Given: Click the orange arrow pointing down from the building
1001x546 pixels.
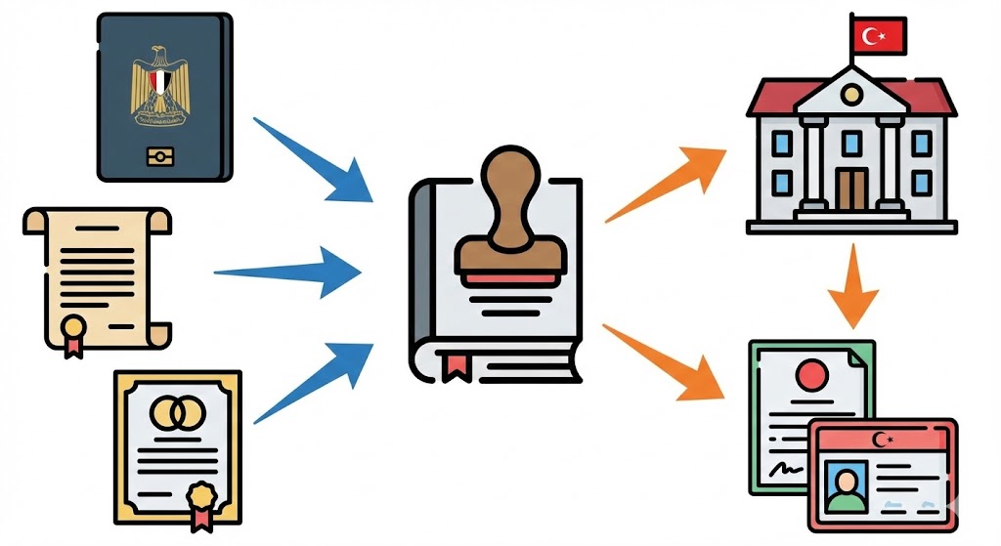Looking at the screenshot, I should [854, 283].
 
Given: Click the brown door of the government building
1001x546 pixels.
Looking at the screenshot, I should [851, 189].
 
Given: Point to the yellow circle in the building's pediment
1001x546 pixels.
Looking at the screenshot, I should [851, 94].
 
